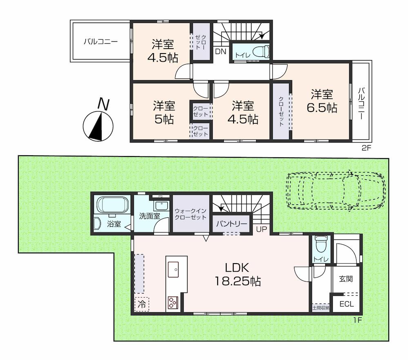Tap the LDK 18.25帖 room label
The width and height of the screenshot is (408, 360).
pos(237,274)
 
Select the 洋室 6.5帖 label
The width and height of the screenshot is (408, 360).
pos(322,101)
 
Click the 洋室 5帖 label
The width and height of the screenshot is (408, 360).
pos(164,112)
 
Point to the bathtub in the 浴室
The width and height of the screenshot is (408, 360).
pos(113,205)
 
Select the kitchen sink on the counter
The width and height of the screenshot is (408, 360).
pos(173,269)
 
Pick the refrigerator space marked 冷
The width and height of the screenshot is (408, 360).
pos(142,304)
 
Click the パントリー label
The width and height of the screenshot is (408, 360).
pos(232,224)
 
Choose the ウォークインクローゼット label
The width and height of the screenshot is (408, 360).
pos(191,214)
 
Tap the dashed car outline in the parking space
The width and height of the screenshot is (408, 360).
pos(336,190)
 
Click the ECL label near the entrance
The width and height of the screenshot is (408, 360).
pos(347,304)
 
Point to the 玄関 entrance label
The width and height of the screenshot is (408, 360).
pos(346,279)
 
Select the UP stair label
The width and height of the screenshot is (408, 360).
pos(261,230)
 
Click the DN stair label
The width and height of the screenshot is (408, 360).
pos(221,51)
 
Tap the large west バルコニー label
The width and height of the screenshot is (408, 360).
pos(101,42)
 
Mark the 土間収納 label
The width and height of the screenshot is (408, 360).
pos(321,308)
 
